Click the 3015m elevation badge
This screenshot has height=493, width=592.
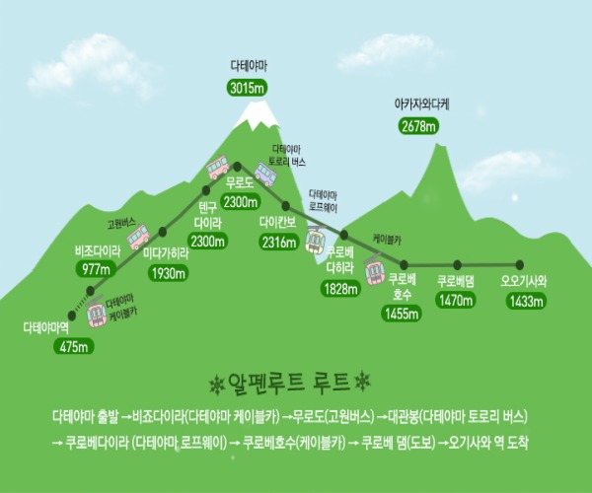click(248, 89)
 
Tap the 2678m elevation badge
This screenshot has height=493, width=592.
click(418, 126)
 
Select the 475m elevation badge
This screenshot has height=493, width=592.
click(74, 346)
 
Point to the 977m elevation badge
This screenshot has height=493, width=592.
click(96, 269)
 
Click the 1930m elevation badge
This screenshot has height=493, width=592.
click(169, 273)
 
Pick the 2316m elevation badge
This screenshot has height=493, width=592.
click(279, 242)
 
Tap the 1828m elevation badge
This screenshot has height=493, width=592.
click(340, 289)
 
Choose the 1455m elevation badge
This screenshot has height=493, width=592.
click(402, 314)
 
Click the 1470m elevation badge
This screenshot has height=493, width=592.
click(456, 301)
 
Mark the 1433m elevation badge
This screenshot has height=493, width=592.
click(526, 302)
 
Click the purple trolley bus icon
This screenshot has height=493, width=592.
click(265, 175)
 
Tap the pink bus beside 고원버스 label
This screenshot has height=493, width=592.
click(138, 237)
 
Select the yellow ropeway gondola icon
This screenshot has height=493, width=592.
click(316, 240)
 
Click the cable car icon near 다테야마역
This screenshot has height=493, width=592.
click(96, 312)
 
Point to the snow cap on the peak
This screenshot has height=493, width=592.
click(257, 115)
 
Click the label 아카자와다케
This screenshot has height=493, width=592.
click(421, 105)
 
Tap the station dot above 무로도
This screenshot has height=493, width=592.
click(238, 166)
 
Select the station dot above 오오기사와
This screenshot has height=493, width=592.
click(520, 265)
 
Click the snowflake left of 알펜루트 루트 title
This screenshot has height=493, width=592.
click(217, 385)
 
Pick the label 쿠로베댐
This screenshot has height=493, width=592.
click(455, 282)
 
